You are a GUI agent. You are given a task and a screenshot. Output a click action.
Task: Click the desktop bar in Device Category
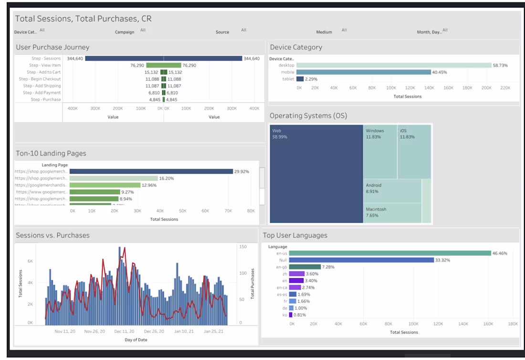click(x=393, y=65)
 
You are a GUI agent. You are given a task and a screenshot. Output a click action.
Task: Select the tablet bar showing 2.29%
click(x=300, y=79)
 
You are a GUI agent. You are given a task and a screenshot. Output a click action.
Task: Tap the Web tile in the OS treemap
click(x=316, y=174)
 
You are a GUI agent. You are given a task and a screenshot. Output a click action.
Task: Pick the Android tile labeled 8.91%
click(x=392, y=191)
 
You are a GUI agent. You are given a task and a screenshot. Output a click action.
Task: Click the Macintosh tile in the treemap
click(x=392, y=213)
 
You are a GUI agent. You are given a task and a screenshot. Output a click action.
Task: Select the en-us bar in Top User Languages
click(x=389, y=253)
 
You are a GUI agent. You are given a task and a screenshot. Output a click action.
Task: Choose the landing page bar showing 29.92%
click(x=151, y=172)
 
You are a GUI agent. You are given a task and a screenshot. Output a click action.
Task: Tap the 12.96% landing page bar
click(x=105, y=185)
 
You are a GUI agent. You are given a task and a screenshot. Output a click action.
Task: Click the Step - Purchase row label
click(x=46, y=100)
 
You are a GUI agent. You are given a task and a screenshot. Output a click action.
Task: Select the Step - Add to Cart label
click(x=44, y=72)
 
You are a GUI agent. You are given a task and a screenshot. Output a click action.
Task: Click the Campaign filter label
click(x=125, y=32)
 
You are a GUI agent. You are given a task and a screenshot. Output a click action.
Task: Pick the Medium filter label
click(x=324, y=32)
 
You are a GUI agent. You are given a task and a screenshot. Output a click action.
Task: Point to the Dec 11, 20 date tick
click(x=124, y=331)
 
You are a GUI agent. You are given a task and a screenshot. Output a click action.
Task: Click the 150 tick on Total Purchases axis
click(x=242, y=247)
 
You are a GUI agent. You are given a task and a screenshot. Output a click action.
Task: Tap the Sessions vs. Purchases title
click(x=52, y=235)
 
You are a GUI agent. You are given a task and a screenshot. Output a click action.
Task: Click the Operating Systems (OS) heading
click(x=308, y=116)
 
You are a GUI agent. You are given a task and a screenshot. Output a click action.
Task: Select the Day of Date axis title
click(x=136, y=340)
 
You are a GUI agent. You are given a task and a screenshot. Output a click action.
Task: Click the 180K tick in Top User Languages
click(x=513, y=324)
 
